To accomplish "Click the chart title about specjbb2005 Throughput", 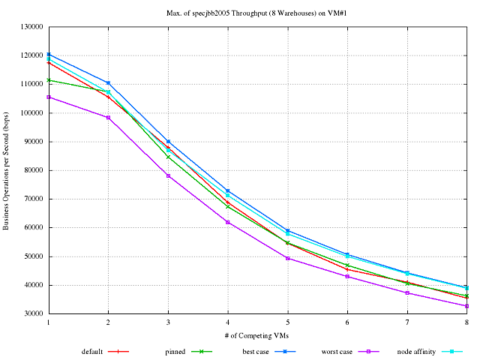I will [256, 13].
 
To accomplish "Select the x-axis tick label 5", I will [287, 322].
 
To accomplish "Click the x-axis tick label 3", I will [168, 322].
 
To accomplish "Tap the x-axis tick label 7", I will [407, 322].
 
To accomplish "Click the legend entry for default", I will [93, 351].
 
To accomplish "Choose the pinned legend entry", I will [175, 351].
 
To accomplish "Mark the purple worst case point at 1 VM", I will [49, 97].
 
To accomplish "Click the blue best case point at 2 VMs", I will [108, 82].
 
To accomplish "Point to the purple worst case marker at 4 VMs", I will [228, 222].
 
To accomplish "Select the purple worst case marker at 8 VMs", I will [466, 306].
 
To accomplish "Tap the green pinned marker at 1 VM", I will [49, 79].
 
